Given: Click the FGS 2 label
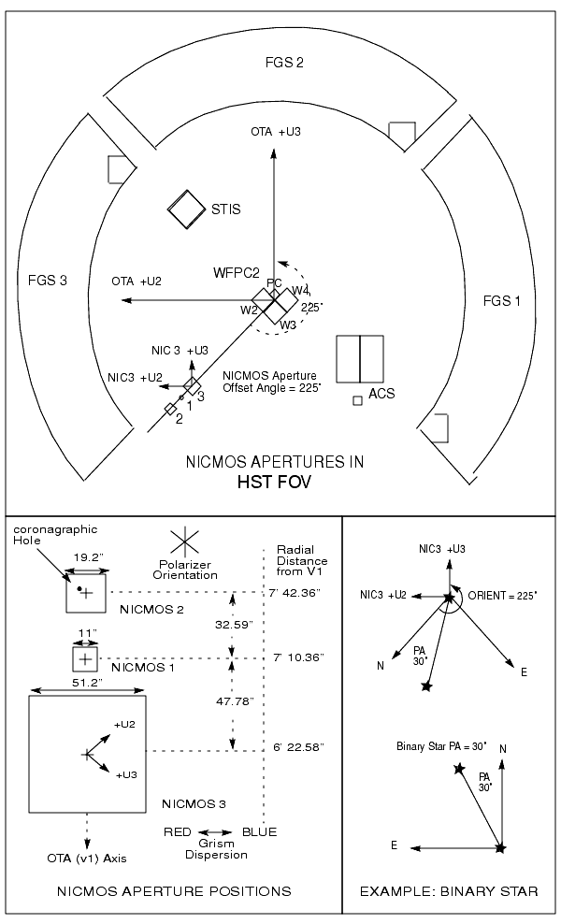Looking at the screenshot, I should (x=284, y=64).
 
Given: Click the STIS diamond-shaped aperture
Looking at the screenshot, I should (x=186, y=210).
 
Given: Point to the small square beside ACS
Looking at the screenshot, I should (x=357, y=400).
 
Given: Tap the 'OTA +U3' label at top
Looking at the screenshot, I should (x=276, y=133).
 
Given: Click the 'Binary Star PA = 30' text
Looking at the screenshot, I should (x=436, y=746).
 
